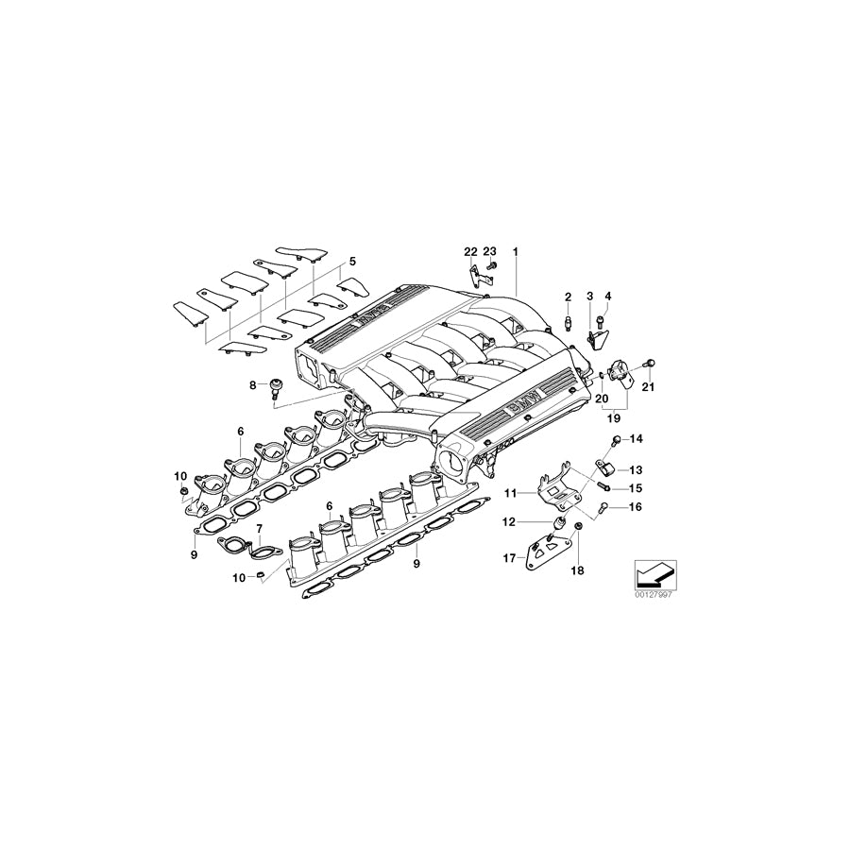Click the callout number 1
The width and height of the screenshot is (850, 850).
click(x=516, y=252)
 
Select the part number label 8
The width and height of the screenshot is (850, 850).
click(x=253, y=384)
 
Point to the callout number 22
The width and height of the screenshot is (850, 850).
click(x=470, y=252)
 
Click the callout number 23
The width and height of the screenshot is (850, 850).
click(x=489, y=252)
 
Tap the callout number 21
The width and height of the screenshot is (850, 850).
click(x=648, y=386)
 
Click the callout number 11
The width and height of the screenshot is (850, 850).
click(x=508, y=493)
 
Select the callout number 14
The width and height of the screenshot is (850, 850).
click(x=636, y=439)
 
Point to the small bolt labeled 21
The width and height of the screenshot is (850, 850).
click(x=649, y=364)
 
